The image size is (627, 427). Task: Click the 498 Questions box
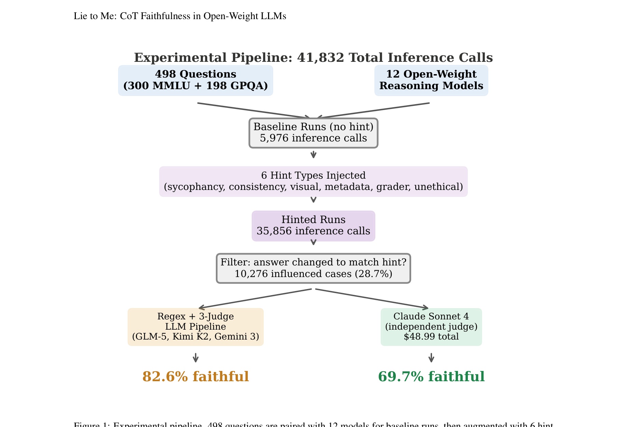pyautogui.click(x=195, y=80)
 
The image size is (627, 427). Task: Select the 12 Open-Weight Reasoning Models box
pyautogui.click(x=431, y=80)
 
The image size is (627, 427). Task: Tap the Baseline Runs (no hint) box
pyautogui.click(x=313, y=133)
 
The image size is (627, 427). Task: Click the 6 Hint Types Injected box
pyautogui.click(x=313, y=181)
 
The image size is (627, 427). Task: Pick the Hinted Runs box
pyautogui.click(x=313, y=226)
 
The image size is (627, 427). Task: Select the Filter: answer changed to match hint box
pyautogui.click(x=313, y=268)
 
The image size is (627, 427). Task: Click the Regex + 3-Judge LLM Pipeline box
pyautogui.click(x=195, y=327)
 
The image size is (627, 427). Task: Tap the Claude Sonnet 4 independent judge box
pyautogui.click(x=431, y=327)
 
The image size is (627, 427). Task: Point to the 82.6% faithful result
pyautogui.click(x=195, y=377)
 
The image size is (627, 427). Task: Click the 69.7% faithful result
pyautogui.click(x=431, y=377)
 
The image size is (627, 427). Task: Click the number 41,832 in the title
pyautogui.click(x=320, y=58)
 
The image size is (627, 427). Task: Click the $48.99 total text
pyautogui.click(x=431, y=337)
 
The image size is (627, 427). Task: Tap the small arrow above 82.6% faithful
pyautogui.click(x=195, y=358)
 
